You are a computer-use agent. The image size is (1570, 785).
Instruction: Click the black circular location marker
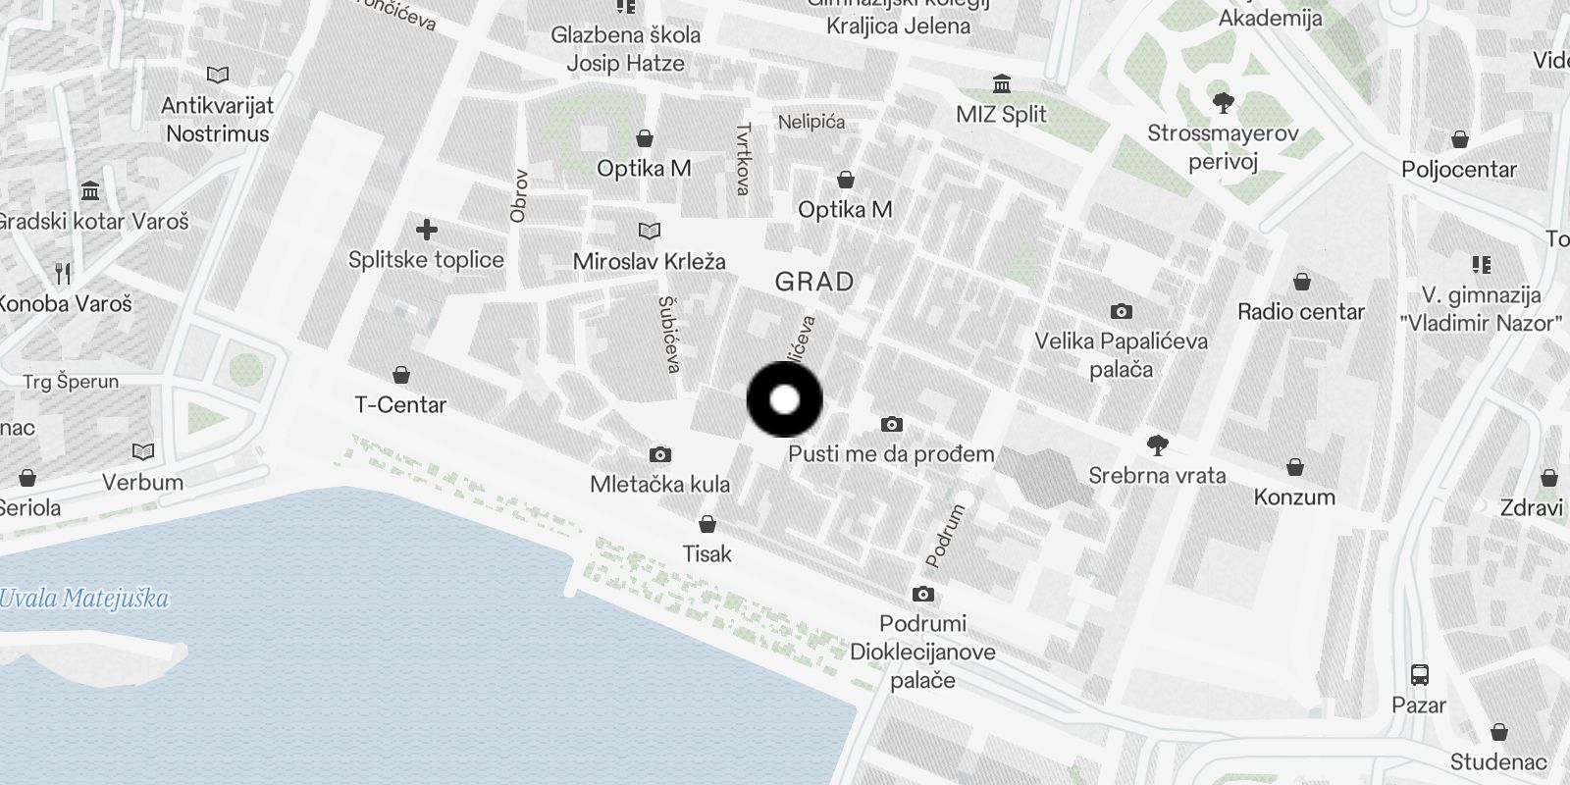pyautogui.click(x=784, y=399)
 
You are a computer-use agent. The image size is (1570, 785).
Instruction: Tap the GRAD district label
pyautogui.click(x=813, y=283)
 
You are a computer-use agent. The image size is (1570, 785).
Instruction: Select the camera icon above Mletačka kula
pyautogui.click(x=660, y=454)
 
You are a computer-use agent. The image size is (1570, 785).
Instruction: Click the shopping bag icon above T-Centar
pyautogui.click(x=400, y=375)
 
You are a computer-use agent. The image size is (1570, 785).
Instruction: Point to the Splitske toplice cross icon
pyautogui.click(x=426, y=231)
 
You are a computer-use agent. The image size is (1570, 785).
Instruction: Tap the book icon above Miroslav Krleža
pyautogui.click(x=649, y=232)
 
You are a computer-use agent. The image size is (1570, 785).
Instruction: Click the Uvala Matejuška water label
pyautogui.click(x=84, y=599)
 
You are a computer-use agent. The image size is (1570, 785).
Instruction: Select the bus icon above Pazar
pyautogui.click(x=1419, y=674)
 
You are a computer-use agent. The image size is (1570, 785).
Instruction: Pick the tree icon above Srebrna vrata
pyautogui.click(x=1158, y=445)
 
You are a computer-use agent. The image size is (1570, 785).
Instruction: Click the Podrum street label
pyautogui.click(x=945, y=536)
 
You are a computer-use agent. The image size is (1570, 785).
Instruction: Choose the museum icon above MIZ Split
pyautogui.click(x=1001, y=83)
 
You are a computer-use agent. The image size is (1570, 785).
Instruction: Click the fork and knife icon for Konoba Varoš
pyautogui.click(x=64, y=273)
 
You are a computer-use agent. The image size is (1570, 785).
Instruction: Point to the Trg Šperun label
pyautogui.click(x=72, y=382)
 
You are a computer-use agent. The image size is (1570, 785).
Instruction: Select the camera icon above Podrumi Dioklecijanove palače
pyautogui.click(x=922, y=594)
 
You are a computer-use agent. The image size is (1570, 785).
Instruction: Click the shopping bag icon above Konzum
pyautogui.click(x=1294, y=467)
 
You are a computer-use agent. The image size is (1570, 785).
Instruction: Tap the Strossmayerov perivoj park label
pyautogui.click(x=1223, y=147)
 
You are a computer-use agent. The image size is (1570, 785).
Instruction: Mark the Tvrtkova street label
pyautogui.click(x=743, y=159)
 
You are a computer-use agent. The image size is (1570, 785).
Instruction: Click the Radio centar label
pyautogui.click(x=1300, y=312)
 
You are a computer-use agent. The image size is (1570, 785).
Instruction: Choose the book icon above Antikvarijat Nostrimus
pyautogui.click(x=218, y=75)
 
